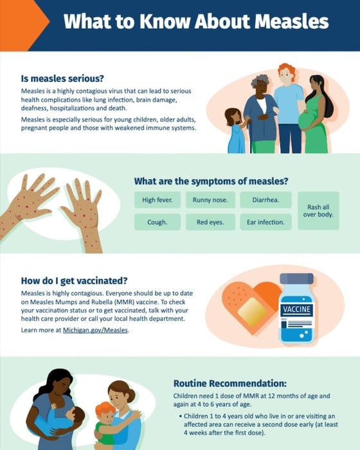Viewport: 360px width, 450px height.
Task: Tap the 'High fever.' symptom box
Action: (157, 200)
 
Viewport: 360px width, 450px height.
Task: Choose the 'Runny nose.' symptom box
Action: (210, 200)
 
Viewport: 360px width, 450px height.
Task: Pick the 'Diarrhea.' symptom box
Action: (265, 200)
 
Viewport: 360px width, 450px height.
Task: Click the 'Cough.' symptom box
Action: (157, 222)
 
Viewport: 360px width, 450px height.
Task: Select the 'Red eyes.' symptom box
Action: (210, 222)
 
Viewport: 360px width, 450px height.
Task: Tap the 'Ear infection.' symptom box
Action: (265, 222)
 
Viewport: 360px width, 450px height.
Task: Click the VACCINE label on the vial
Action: (297, 310)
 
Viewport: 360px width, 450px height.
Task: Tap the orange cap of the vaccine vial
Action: (296, 279)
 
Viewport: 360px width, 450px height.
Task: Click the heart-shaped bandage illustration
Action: (248, 309)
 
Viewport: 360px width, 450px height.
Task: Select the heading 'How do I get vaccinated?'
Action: (74, 280)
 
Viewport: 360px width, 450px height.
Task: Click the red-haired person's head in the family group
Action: (287, 73)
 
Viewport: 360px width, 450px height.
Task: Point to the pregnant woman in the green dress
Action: (315, 116)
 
